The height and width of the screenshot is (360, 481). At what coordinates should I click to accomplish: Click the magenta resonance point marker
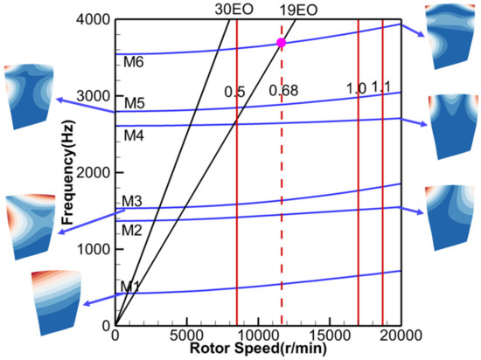tap(281, 43)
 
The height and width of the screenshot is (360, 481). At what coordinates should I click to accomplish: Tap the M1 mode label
tap(129, 287)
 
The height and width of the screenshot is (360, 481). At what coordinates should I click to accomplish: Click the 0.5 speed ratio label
tap(234, 91)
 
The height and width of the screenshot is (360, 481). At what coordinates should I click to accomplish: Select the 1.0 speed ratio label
tap(356, 87)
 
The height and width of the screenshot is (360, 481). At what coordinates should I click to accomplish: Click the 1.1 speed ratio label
tap(380, 87)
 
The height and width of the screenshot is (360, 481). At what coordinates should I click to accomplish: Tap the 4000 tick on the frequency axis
tap(94, 19)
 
